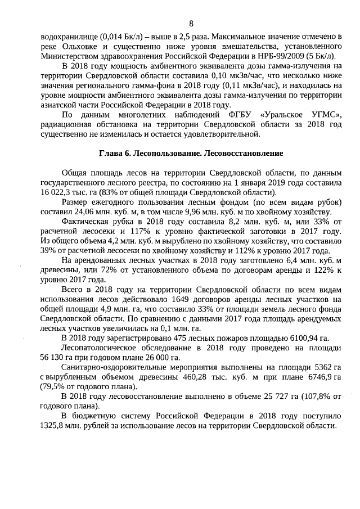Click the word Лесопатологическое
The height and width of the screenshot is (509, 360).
(x=99, y=348)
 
